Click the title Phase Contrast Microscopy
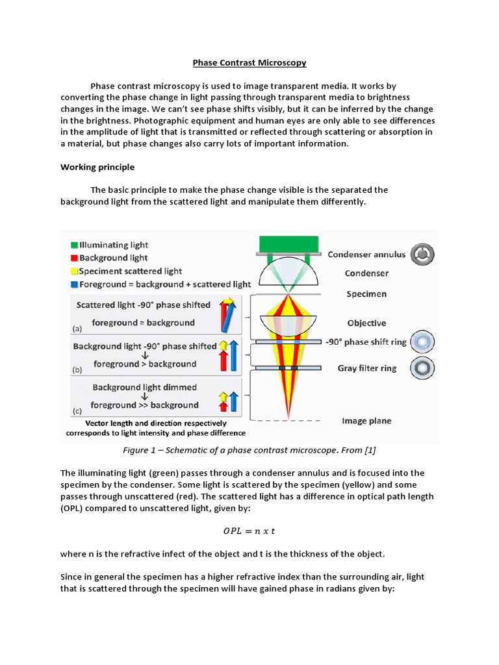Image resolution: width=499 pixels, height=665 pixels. (x=249, y=63)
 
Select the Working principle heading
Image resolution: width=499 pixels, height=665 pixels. (x=97, y=167)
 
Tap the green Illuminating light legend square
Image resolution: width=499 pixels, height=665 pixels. (x=75, y=245)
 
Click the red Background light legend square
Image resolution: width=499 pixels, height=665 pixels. (x=75, y=258)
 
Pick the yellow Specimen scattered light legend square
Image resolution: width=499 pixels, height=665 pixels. (x=75, y=271)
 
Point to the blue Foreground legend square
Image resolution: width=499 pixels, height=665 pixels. (x=75, y=284)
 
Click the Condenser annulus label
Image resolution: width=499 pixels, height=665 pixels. (x=366, y=255)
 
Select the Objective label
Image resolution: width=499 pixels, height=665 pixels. (x=366, y=323)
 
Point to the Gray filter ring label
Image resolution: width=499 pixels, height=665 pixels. (x=366, y=368)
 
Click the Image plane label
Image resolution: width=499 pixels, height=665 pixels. (x=366, y=421)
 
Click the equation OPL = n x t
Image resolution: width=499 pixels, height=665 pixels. (x=249, y=531)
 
